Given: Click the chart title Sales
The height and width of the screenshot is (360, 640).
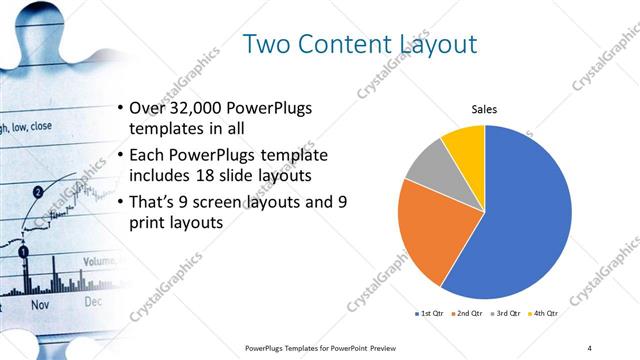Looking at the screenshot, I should pyautogui.click(x=484, y=109).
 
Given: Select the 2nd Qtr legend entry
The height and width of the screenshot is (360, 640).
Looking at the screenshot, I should pyautogui.click(x=469, y=314).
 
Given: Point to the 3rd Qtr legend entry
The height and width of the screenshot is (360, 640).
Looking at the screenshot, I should pyautogui.click(x=507, y=314).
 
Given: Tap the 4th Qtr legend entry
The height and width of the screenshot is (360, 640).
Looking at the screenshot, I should pyautogui.click(x=545, y=314).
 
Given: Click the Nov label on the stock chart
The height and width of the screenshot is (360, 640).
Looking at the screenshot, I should pyautogui.click(x=40, y=301).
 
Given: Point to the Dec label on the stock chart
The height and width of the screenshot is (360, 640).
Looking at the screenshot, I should pyautogui.click(x=92, y=300).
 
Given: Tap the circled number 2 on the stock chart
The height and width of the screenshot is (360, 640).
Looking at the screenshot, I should pyautogui.click(x=38, y=191).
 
